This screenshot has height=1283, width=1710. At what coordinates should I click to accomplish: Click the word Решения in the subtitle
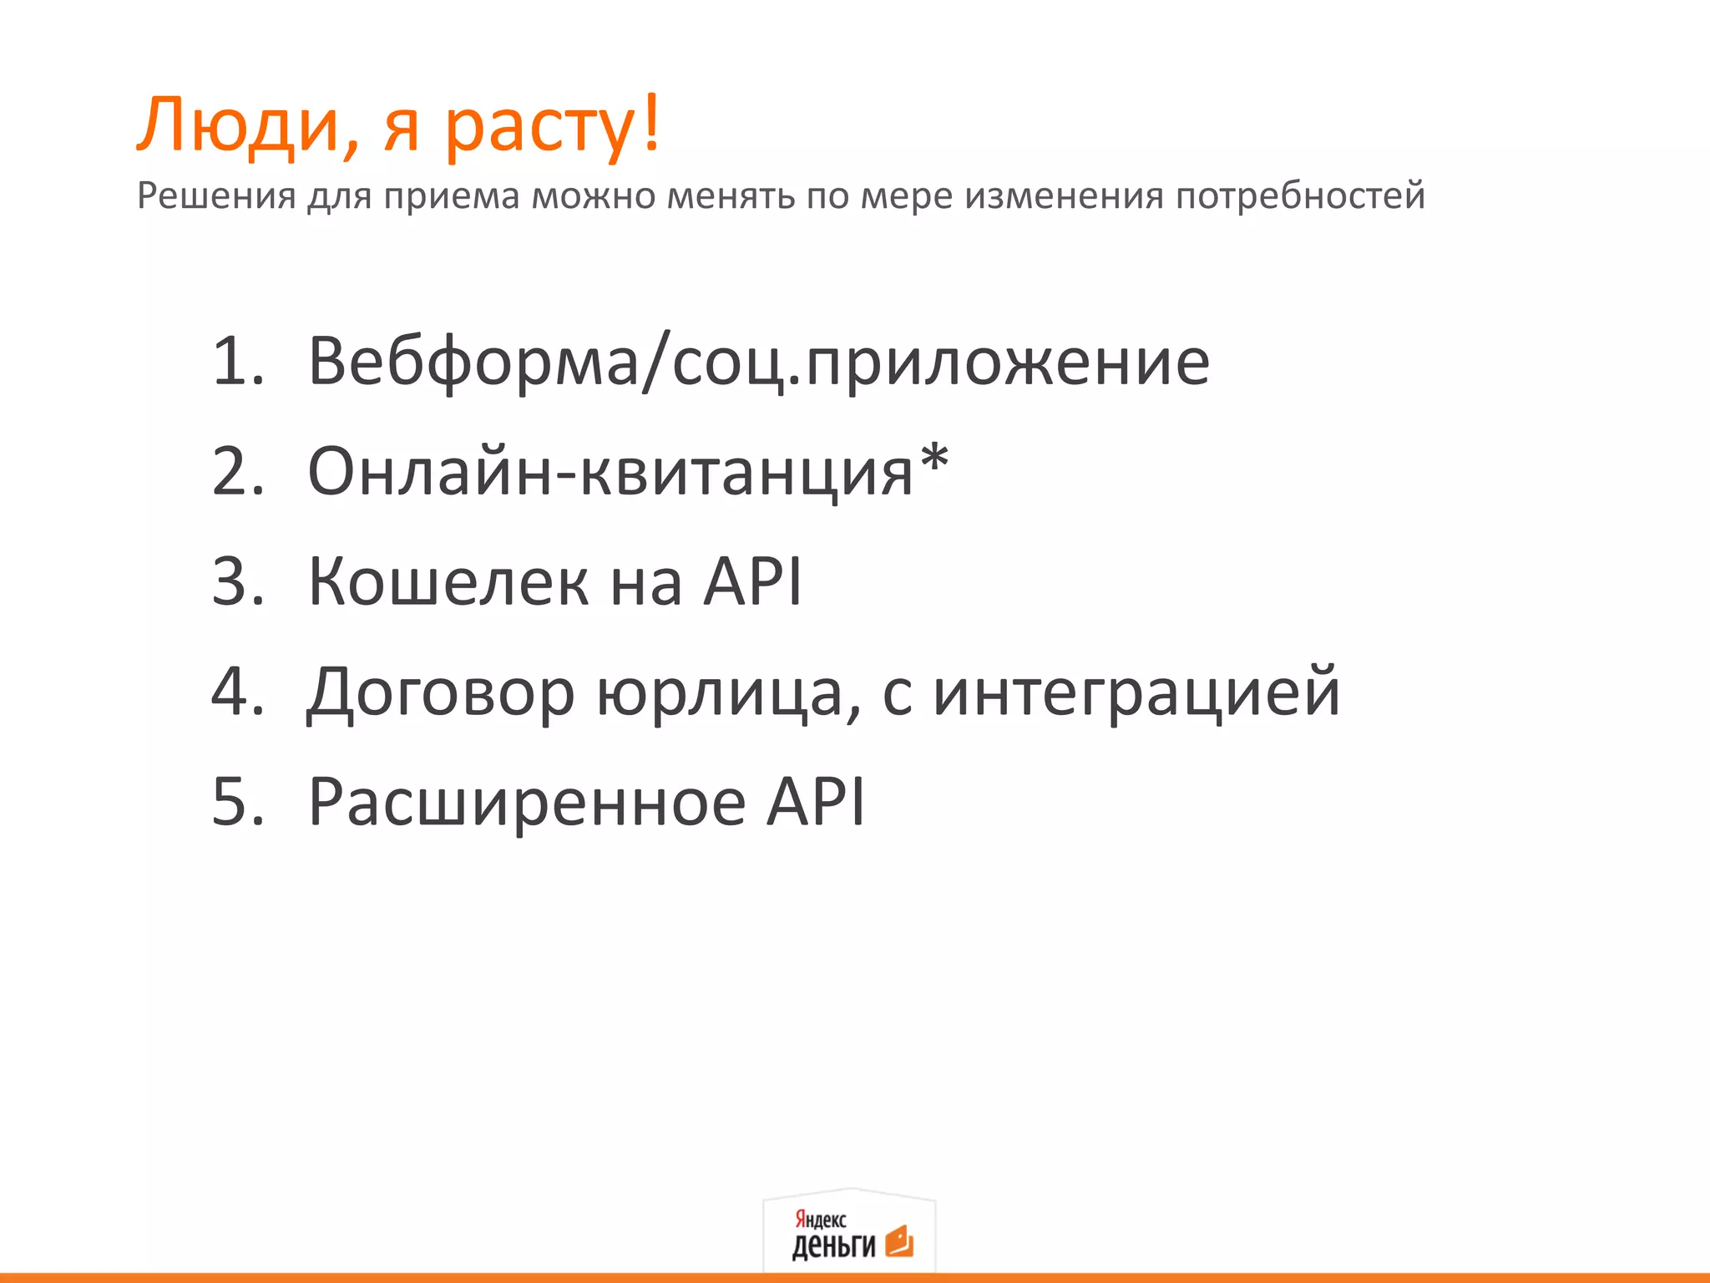click(216, 195)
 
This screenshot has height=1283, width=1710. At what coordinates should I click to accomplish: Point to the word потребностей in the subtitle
click(1300, 197)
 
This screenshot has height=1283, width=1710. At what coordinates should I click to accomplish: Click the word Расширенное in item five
click(527, 802)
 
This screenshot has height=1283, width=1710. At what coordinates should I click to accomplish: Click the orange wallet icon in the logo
click(899, 1241)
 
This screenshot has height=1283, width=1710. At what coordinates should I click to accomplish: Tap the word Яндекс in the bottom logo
click(820, 1219)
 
